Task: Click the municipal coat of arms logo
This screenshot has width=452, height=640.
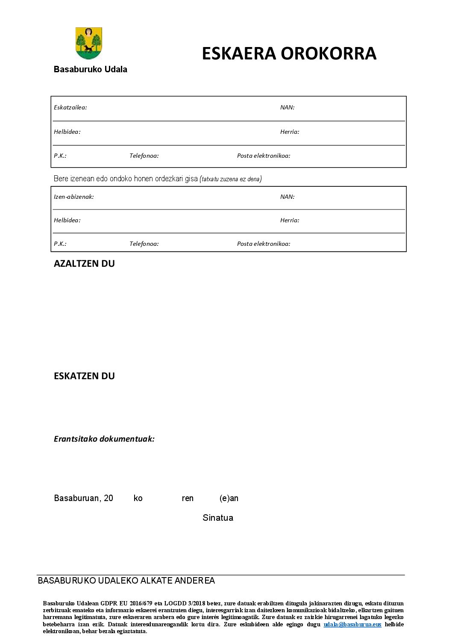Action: click(89, 43)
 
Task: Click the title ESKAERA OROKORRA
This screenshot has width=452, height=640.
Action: click(289, 54)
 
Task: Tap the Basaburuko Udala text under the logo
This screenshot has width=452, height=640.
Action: click(90, 69)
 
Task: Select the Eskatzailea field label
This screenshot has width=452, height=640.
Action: click(70, 108)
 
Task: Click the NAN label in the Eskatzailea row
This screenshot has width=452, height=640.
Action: click(287, 108)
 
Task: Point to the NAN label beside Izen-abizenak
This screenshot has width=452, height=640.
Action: click(287, 197)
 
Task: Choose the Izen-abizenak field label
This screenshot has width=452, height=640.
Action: click(73, 197)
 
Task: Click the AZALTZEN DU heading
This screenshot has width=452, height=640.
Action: click(84, 264)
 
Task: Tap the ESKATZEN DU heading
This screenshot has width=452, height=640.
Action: click(84, 376)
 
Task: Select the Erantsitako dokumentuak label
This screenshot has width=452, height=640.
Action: click(104, 439)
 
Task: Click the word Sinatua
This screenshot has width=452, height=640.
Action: click(218, 518)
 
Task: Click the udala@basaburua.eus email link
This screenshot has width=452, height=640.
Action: click(352, 625)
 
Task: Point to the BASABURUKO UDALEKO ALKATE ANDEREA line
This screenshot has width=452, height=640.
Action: click(126, 581)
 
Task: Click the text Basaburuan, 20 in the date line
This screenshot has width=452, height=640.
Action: click(83, 498)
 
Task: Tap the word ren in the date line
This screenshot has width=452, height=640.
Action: click(188, 498)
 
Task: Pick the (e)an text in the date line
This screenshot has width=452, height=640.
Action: click(229, 498)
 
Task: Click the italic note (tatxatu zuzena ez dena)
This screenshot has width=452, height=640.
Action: click(231, 179)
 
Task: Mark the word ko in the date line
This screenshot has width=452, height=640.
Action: click(138, 498)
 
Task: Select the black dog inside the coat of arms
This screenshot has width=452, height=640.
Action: click(88, 48)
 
